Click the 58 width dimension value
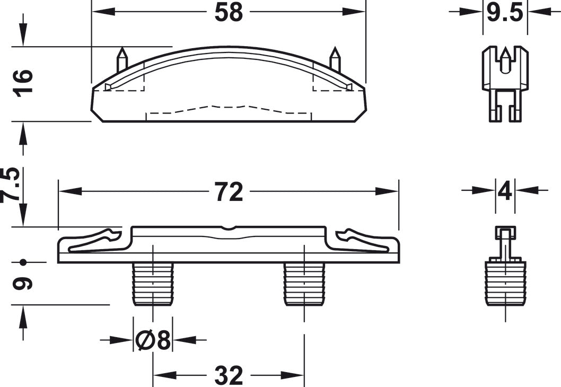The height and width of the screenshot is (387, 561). click(x=229, y=12)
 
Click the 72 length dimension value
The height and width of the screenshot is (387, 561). click(x=229, y=192)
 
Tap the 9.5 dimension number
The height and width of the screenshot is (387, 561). click(x=505, y=13)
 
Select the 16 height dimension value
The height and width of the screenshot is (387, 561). click(x=23, y=83)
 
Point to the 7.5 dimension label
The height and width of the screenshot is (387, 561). click(x=11, y=184)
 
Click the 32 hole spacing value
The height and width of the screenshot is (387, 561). click(x=229, y=375)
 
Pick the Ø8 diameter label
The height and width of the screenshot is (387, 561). click(x=153, y=340)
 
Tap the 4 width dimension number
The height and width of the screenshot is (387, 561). click(x=505, y=192)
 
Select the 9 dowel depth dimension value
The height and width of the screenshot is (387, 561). click(x=23, y=284)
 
